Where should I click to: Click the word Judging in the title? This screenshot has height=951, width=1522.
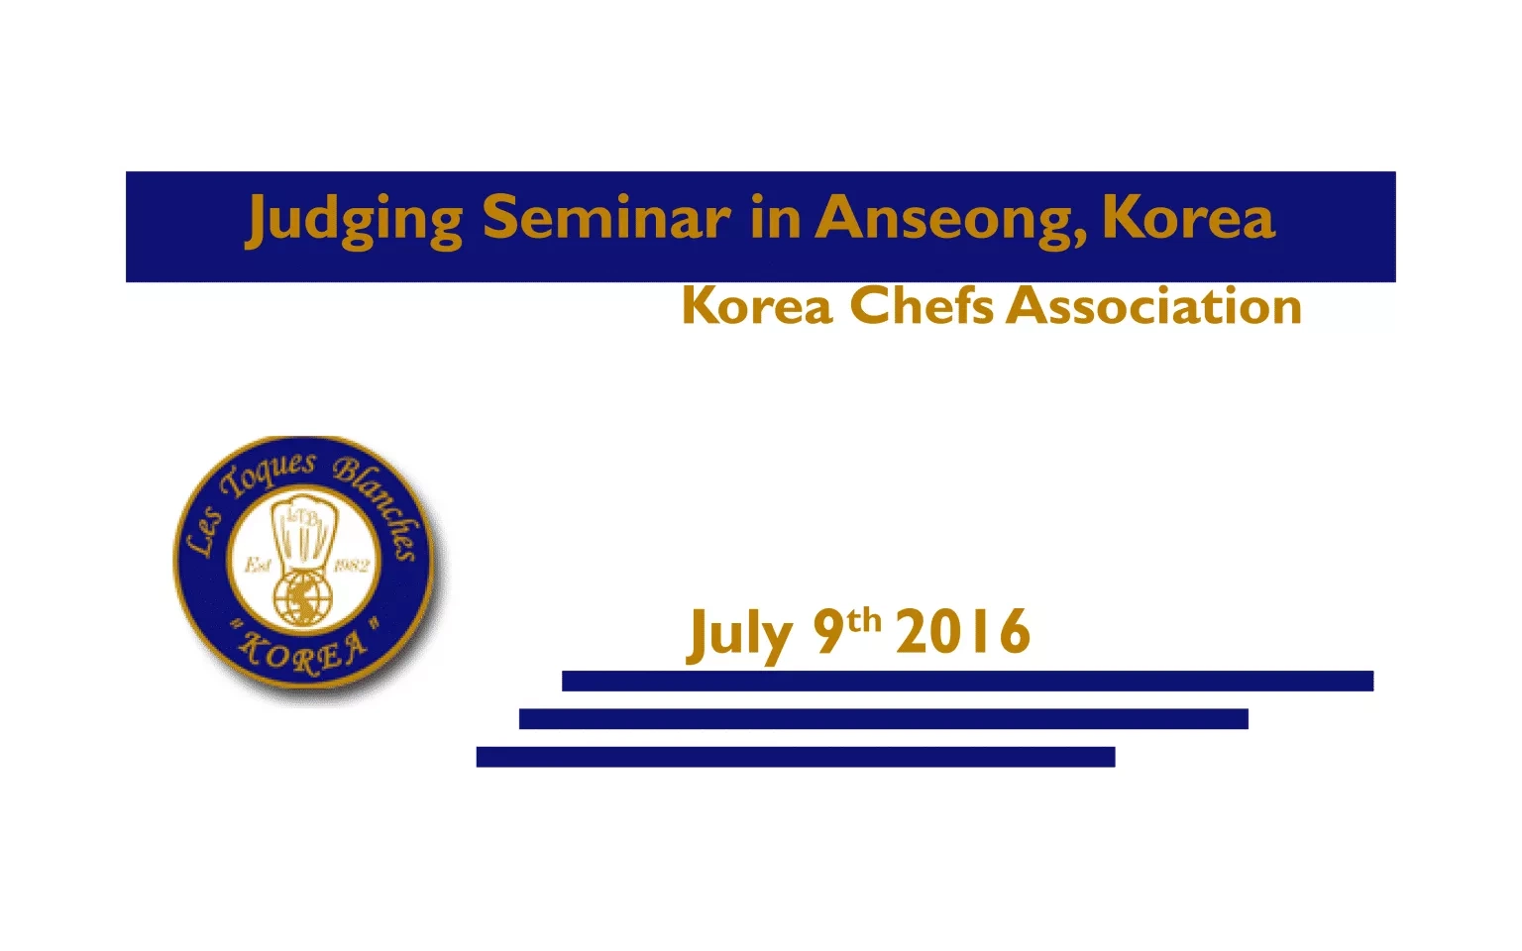click(x=354, y=220)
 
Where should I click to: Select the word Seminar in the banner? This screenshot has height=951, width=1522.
click(x=606, y=216)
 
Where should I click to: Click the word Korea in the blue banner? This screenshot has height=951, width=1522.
click(x=1189, y=216)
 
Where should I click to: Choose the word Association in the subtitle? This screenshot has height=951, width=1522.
click(x=1153, y=305)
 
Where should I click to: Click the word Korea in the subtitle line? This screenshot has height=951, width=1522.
click(x=758, y=306)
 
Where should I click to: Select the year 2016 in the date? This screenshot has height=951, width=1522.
click(x=963, y=631)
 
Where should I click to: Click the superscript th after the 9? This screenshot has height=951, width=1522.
click(x=864, y=621)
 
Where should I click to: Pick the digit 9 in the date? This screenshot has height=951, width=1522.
click(x=828, y=631)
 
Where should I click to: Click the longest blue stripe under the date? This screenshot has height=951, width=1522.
click(x=967, y=681)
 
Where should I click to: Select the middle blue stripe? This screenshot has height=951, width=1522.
click(x=883, y=718)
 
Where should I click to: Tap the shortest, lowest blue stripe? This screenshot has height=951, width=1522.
click(x=796, y=757)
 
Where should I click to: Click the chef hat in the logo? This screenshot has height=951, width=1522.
click(x=303, y=537)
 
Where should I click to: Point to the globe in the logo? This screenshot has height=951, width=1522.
click(x=303, y=597)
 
